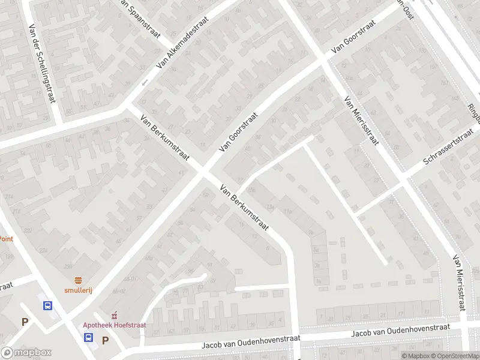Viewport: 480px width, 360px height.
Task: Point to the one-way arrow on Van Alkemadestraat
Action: (145, 82)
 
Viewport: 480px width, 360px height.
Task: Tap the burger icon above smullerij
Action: (78, 280)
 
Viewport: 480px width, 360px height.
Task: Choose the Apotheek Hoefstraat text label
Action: (115, 325)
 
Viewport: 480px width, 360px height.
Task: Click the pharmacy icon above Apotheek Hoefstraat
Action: (114, 315)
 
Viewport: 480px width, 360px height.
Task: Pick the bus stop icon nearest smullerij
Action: (47, 305)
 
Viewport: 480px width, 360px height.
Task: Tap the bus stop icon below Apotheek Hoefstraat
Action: (88, 337)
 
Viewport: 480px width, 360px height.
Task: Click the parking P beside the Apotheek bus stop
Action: (105, 340)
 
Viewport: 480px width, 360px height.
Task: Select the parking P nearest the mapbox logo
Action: (25, 322)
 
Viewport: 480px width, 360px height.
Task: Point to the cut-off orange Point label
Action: (6, 238)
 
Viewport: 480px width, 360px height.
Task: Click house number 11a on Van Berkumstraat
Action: (287, 211)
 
